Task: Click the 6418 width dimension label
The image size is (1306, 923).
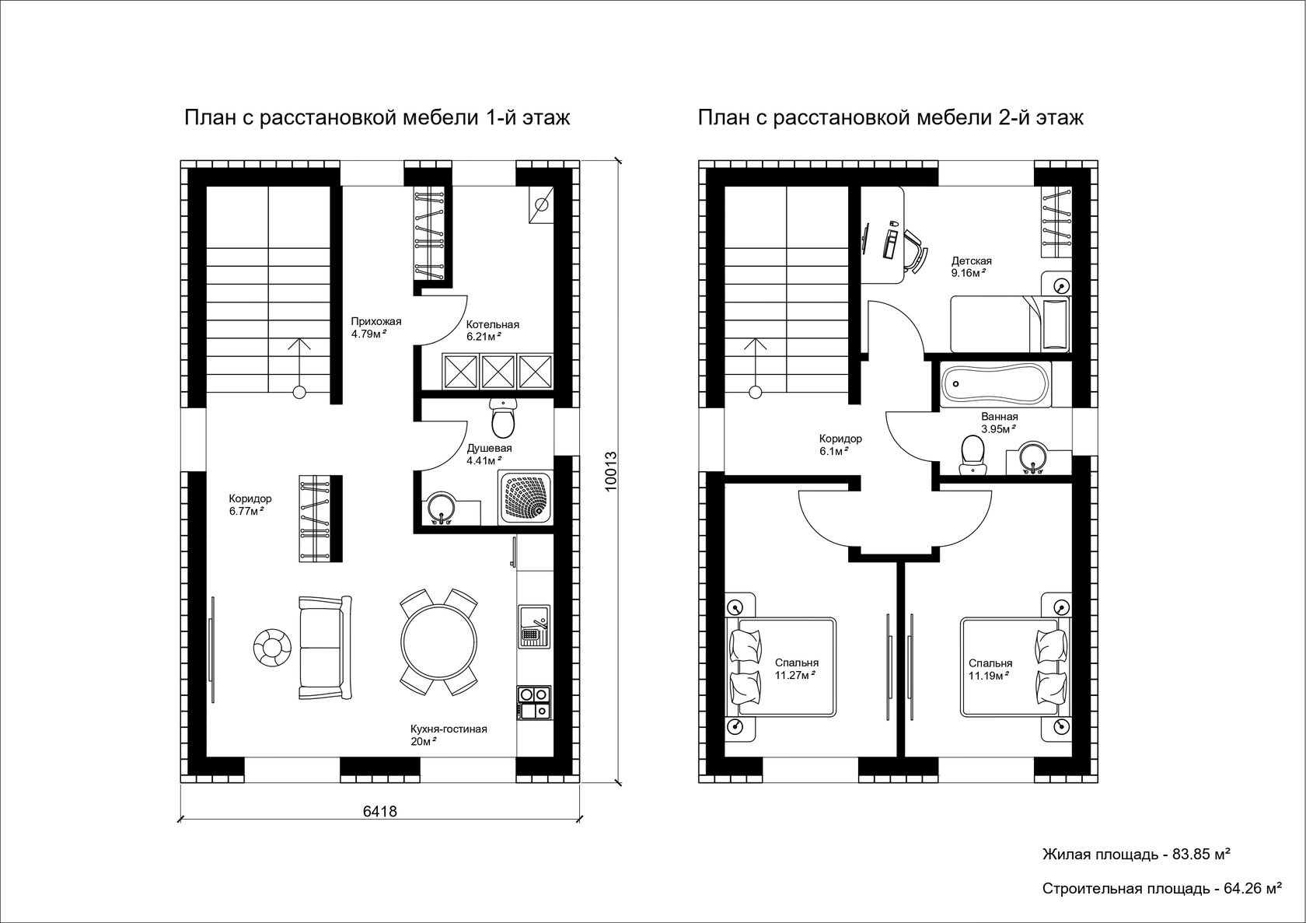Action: click(379, 811)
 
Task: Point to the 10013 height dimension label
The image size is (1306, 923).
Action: click(610, 471)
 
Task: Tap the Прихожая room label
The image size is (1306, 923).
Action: click(376, 321)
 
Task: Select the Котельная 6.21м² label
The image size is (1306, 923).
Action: click(493, 330)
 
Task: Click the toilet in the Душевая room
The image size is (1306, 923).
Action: click(502, 418)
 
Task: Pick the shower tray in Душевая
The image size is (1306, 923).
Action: click(526, 497)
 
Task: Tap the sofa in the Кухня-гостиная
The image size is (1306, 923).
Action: click(325, 647)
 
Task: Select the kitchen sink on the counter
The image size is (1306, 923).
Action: click(534, 626)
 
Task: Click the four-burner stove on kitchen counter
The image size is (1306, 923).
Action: click(533, 703)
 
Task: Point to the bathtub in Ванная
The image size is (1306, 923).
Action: click(995, 383)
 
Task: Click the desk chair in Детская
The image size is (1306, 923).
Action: click(914, 251)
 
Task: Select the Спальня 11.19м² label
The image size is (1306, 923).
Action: click(990, 670)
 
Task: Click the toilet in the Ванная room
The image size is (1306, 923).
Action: click(972, 456)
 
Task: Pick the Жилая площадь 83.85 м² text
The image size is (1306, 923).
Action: click(1137, 855)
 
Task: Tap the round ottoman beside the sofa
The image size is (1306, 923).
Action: click(272, 647)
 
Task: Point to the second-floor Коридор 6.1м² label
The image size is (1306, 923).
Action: click(840, 444)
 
